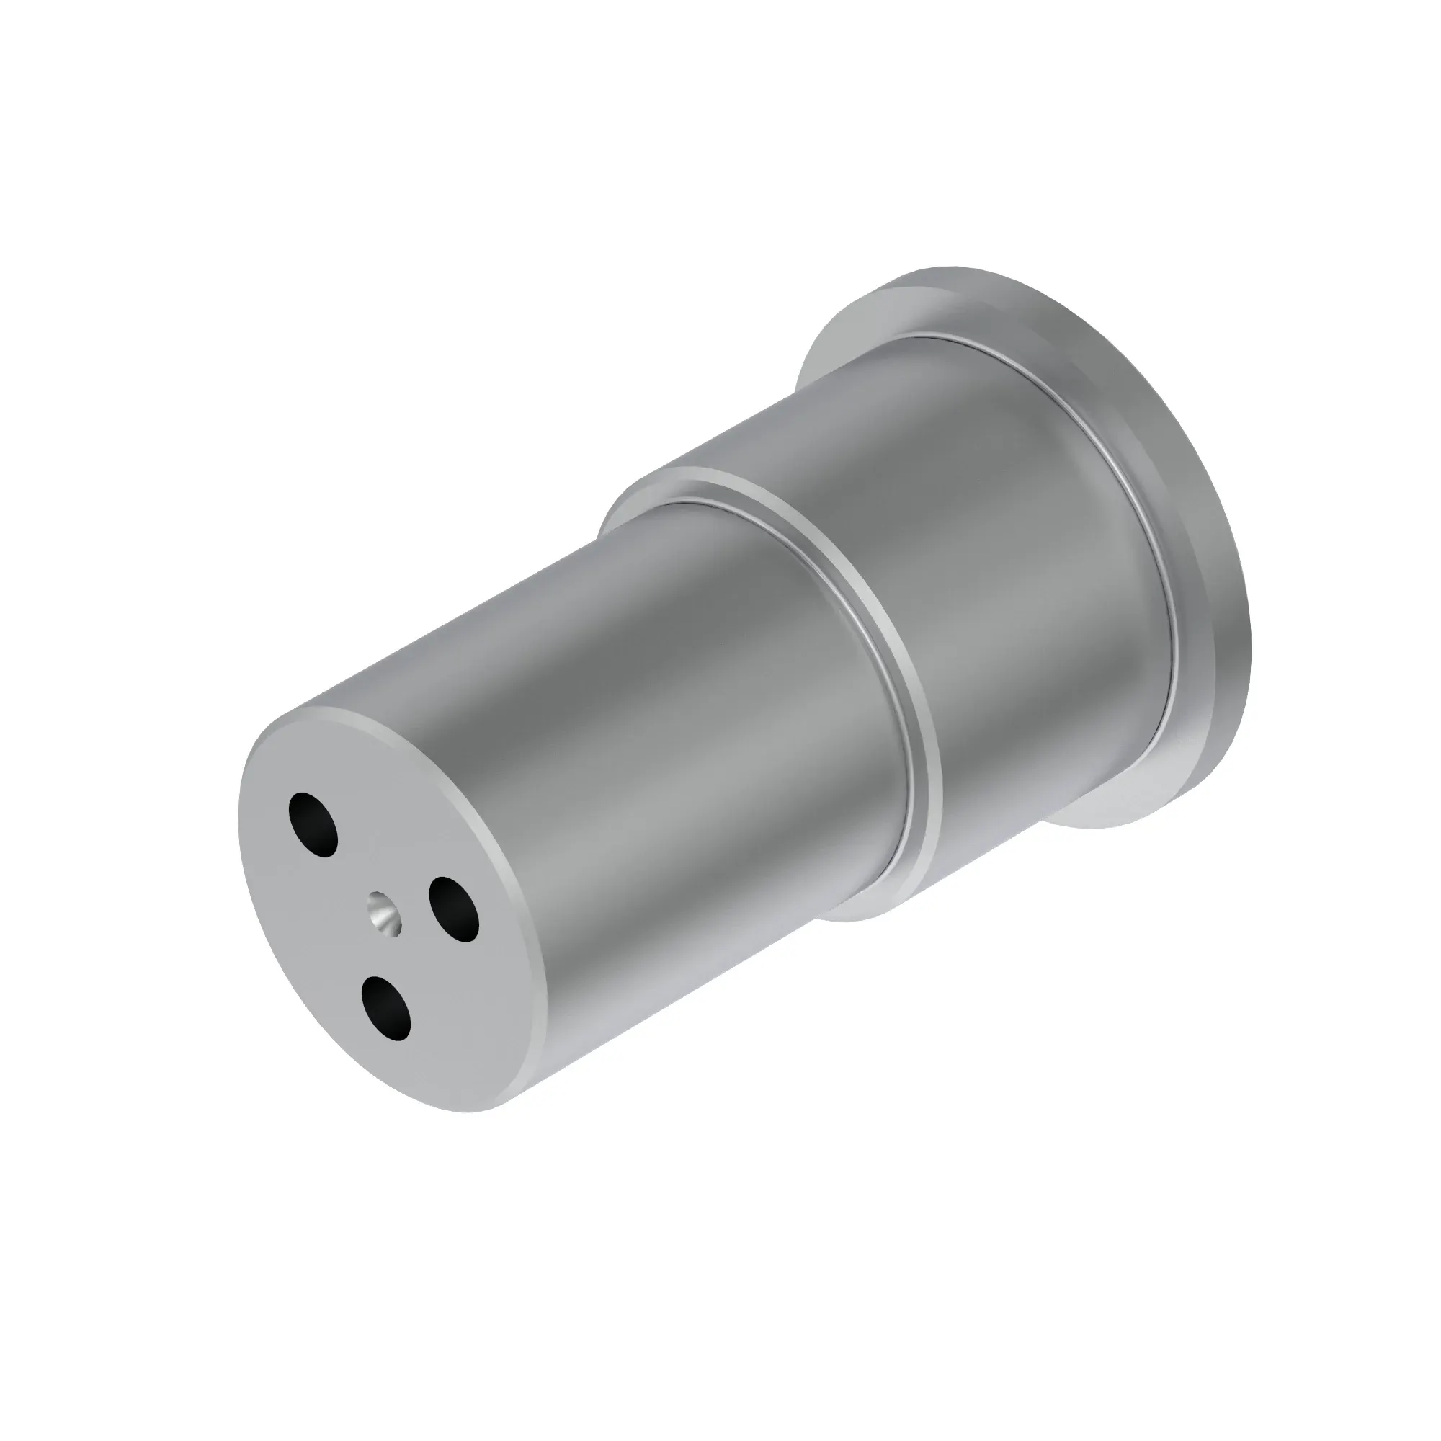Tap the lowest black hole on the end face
(385, 1007)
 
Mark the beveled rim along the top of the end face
(388, 715)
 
